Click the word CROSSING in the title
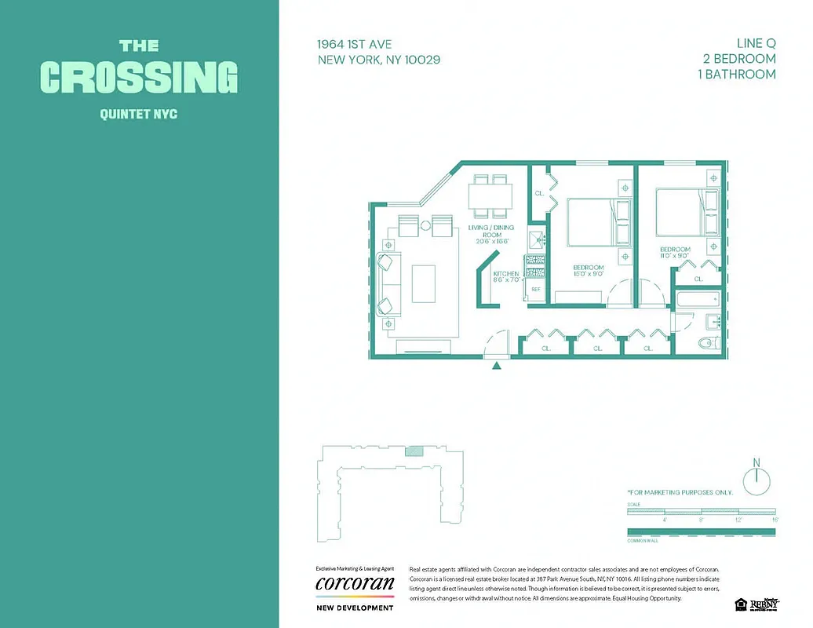138,77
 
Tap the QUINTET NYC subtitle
138,115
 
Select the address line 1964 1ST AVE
355,44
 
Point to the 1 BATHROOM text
737,75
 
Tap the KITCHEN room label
506,274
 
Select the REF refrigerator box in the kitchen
536,289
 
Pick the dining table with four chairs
490,195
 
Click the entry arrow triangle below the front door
497,364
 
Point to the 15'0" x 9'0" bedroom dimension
588,274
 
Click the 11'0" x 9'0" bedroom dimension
674,256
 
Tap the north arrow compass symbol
756,479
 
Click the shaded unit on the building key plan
414,451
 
